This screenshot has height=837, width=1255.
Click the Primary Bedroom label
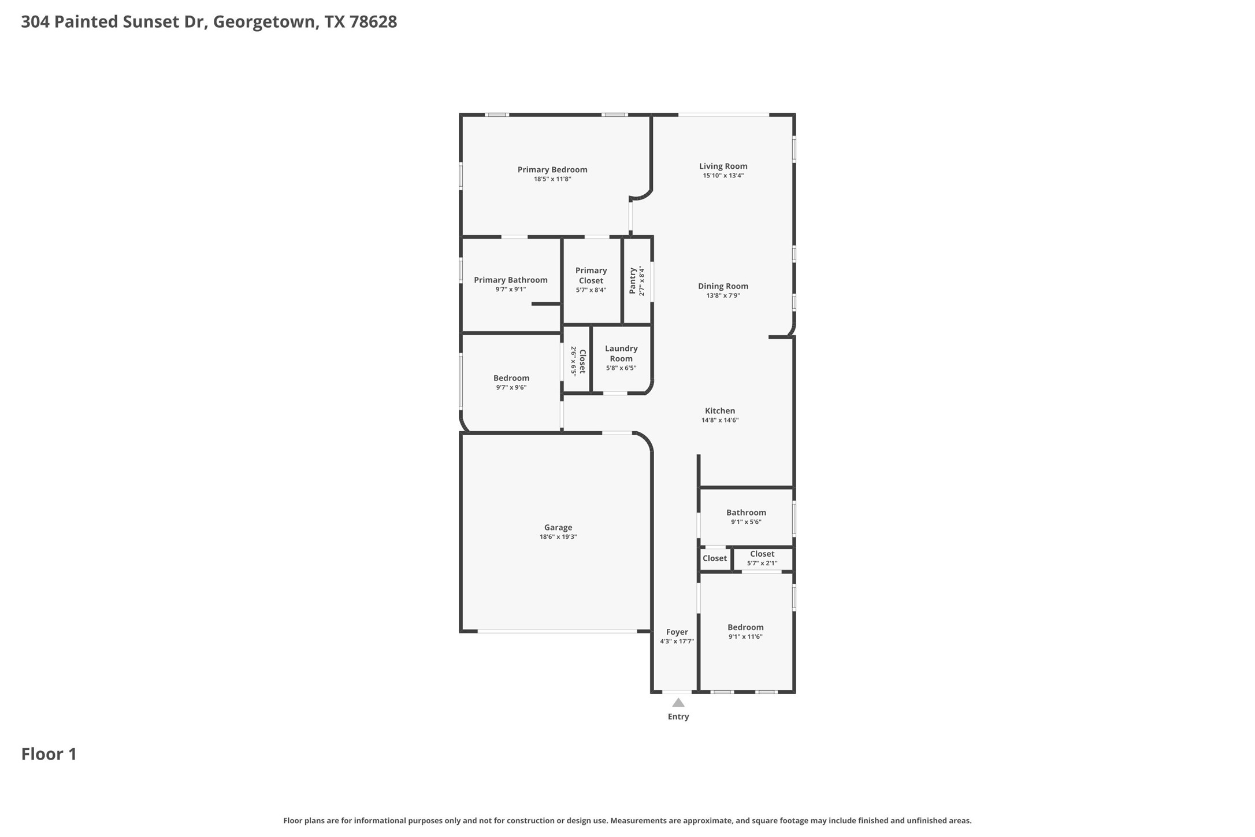[x=552, y=169]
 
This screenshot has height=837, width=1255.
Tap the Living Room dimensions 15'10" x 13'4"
[x=723, y=176]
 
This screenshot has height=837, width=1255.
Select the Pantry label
[x=633, y=281]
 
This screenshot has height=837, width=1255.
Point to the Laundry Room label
[x=621, y=353]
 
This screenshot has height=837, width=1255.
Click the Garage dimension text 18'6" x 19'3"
[x=558, y=537]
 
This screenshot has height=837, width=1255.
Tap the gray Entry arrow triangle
[x=678, y=703]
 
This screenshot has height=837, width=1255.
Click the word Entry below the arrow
[x=678, y=717]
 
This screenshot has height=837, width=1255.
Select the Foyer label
[x=677, y=632]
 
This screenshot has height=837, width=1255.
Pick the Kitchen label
[x=720, y=411]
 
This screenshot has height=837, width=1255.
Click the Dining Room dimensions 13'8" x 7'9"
[x=723, y=295]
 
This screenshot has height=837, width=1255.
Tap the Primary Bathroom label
[x=511, y=280]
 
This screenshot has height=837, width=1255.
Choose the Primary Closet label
[x=591, y=275]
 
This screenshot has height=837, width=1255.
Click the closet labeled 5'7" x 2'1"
[x=762, y=558]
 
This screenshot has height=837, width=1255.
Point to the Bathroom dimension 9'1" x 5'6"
[x=746, y=522]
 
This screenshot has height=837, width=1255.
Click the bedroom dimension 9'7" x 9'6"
[x=511, y=387]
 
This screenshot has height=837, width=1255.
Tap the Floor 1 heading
[x=49, y=754]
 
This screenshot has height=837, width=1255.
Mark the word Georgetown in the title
[x=265, y=22]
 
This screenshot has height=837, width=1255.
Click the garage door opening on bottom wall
[x=557, y=631]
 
